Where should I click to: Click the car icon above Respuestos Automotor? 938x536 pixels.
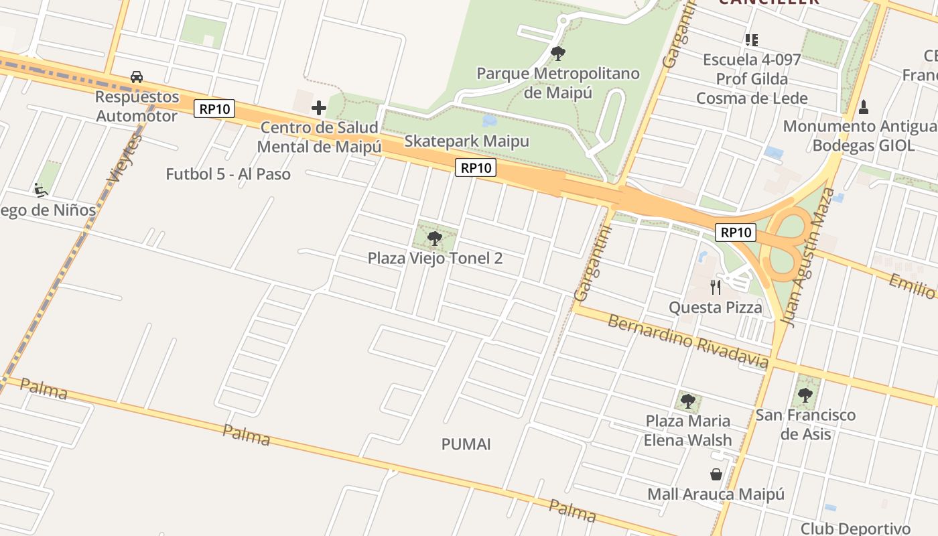137,77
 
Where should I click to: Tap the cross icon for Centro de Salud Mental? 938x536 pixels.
319,107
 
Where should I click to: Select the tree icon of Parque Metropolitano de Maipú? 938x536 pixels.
557,53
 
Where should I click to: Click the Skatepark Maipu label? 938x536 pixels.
466,141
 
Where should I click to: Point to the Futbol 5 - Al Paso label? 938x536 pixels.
228,174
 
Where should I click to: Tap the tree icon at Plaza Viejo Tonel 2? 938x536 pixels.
435,238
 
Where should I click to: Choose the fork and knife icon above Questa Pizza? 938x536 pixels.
716,287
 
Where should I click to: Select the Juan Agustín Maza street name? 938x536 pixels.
809,258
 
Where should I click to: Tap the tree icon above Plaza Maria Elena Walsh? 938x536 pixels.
687,401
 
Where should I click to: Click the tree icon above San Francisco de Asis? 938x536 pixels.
805,395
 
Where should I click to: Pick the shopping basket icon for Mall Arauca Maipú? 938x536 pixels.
716,474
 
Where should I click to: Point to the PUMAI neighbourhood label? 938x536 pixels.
466,444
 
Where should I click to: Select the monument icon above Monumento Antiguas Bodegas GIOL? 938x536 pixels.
864,107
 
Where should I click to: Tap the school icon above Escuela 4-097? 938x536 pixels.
752,40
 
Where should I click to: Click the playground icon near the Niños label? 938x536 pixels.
41,190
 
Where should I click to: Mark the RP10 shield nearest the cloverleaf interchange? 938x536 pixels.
736,232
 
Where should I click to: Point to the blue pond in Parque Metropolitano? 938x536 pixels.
490,121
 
